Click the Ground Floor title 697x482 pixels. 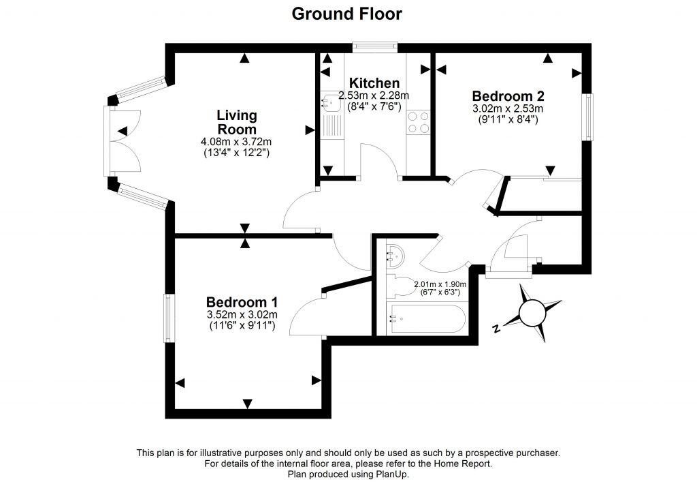pos(347,14)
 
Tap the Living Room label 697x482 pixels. pos(236,122)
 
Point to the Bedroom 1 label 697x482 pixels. pos(242,302)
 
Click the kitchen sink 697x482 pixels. pos(331,102)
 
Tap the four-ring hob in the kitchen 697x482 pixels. pos(418,122)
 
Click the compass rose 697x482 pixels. pos(532,313)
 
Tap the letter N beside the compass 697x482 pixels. pos(497,329)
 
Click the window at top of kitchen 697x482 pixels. pos(374,46)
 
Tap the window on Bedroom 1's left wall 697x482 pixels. pos(167,318)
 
